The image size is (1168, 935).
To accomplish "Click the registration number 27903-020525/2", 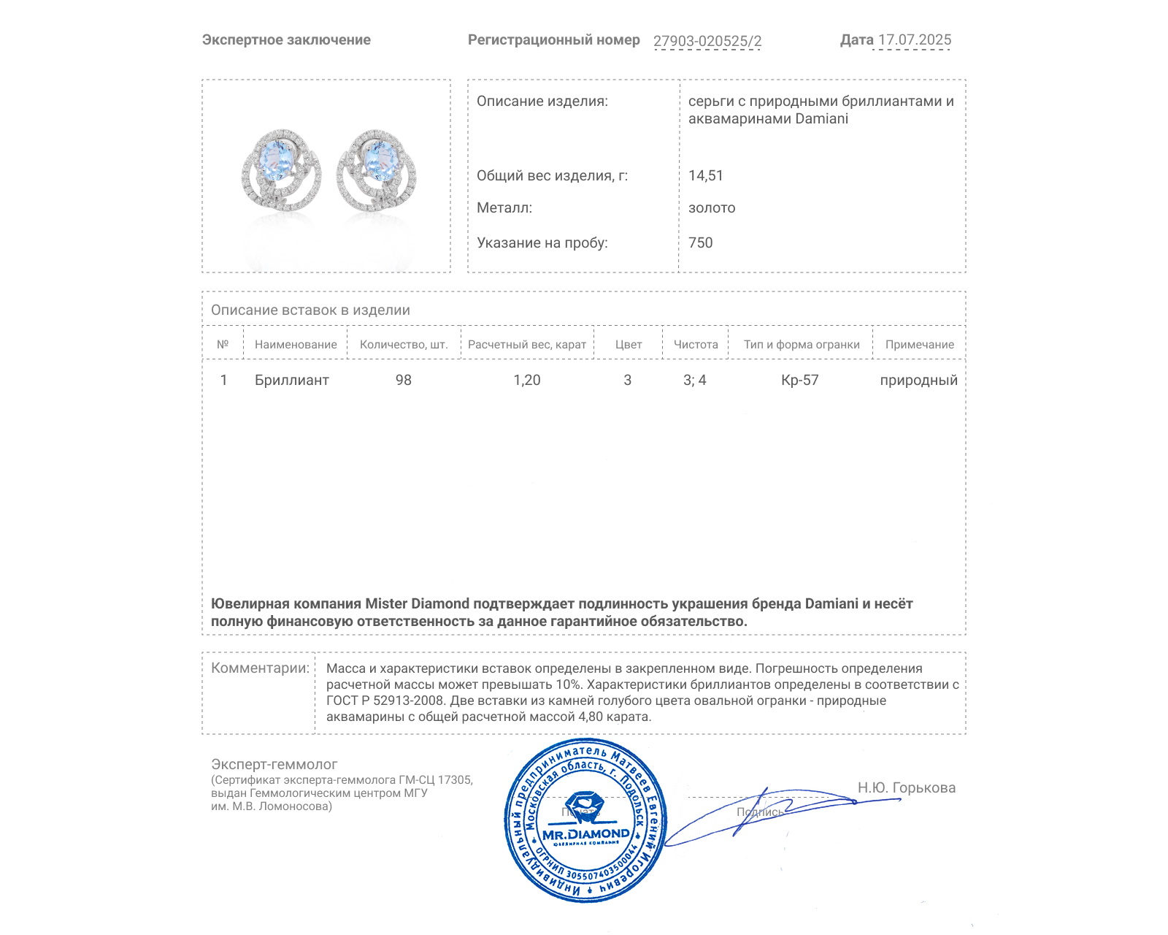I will tap(707, 41).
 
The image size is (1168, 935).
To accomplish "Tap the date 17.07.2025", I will tap(915, 40).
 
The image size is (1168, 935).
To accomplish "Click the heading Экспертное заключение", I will tap(286, 40).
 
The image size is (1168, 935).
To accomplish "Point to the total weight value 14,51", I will tap(706, 175).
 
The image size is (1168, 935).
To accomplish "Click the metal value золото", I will tap(712, 208).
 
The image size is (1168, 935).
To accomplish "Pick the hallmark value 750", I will tap(701, 243).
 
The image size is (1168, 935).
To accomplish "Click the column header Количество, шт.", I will tap(404, 345).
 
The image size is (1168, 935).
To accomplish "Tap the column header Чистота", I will tap(696, 345).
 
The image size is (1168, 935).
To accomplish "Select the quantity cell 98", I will tap(404, 380).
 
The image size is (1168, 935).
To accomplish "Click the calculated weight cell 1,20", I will tap(527, 380).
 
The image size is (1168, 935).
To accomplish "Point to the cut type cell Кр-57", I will tap(800, 380).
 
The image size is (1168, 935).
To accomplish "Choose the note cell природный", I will tap(918, 380).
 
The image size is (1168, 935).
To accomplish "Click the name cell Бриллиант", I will tap(292, 380).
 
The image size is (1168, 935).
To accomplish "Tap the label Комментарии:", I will tap(260, 668).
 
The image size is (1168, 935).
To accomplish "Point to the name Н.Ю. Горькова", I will tap(906, 787).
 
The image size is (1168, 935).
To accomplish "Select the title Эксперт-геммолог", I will tap(274, 764).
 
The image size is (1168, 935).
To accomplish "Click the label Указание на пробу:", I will tap(542, 243).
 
